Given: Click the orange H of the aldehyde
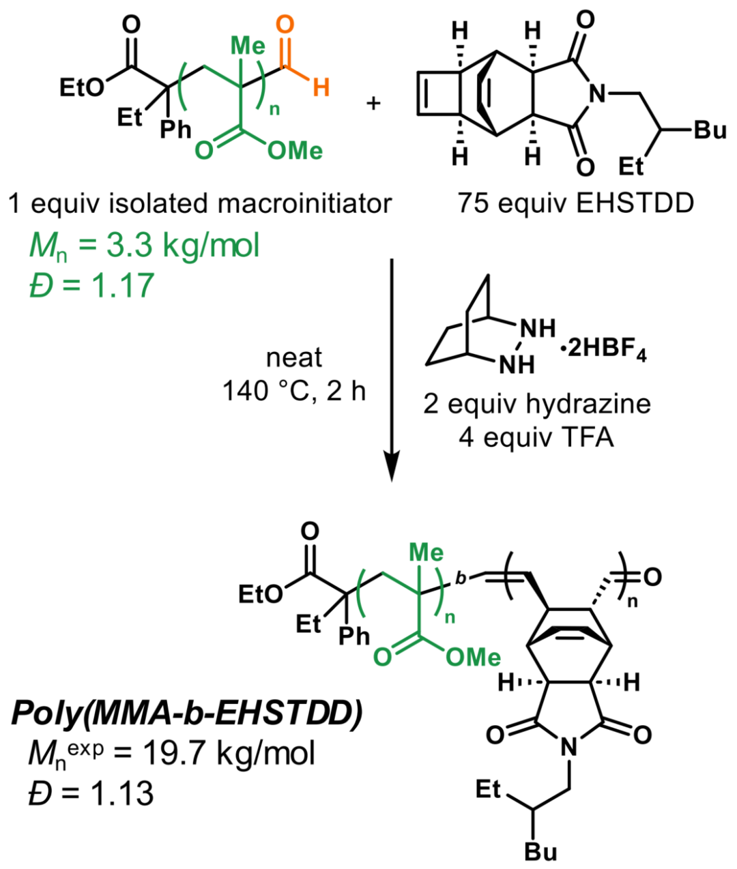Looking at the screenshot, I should point(321,88).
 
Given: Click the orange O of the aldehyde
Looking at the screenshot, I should point(286,25).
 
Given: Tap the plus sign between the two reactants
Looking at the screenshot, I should point(373,104).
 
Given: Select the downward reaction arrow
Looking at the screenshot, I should point(391,368).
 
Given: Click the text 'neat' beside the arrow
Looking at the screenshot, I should point(294,357).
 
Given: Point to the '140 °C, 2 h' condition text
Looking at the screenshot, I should point(294,391).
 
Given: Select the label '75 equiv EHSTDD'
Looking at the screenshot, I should point(576,203).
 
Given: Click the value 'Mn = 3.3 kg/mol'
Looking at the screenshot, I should point(144,245).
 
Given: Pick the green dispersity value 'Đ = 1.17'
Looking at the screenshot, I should point(91,284).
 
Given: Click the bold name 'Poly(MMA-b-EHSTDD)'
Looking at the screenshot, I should point(186,713).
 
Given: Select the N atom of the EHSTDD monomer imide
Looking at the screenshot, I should point(598,95).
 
